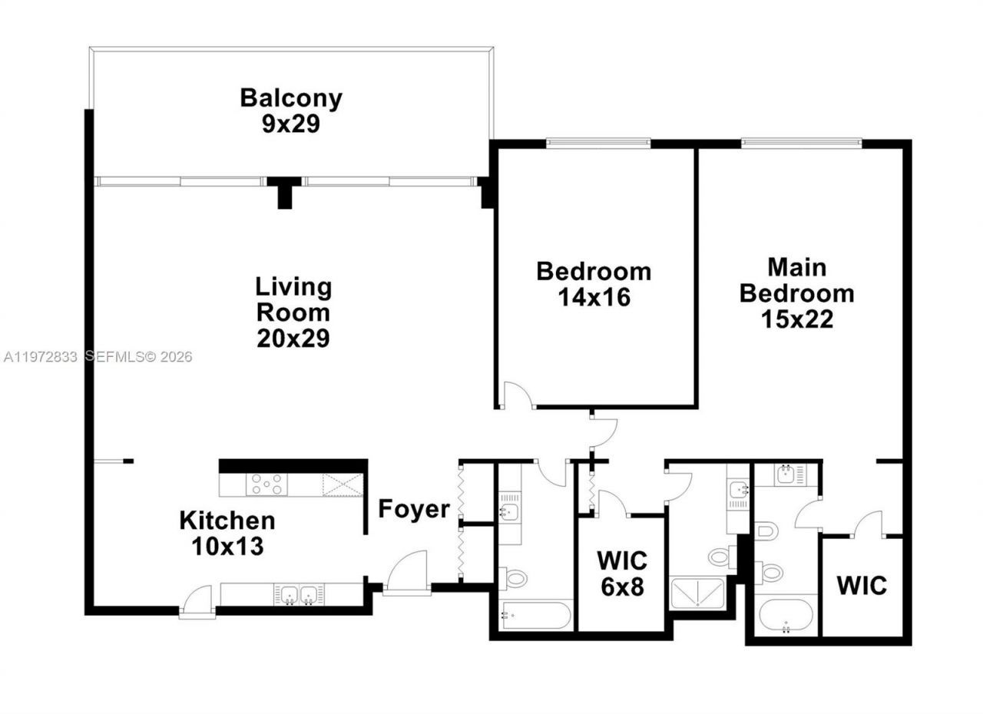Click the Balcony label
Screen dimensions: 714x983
[x=290, y=98]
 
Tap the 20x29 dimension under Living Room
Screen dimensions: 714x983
[x=293, y=338]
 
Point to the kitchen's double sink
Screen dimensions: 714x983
[x=299, y=593]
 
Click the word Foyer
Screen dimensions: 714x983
[x=413, y=509]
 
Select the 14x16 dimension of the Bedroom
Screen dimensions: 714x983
[x=594, y=296]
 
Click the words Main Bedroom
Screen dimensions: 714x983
[x=797, y=280]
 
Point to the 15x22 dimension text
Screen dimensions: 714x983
[x=797, y=318]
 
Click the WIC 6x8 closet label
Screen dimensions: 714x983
[x=622, y=573]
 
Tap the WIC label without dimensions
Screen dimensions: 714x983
[x=861, y=586]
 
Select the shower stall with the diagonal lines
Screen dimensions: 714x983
[x=697, y=593]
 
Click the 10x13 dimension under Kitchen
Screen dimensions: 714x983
[x=227, y=546]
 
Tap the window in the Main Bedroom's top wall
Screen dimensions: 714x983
[x=801, y=143]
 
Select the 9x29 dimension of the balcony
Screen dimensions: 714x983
[x=290, y=124]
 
